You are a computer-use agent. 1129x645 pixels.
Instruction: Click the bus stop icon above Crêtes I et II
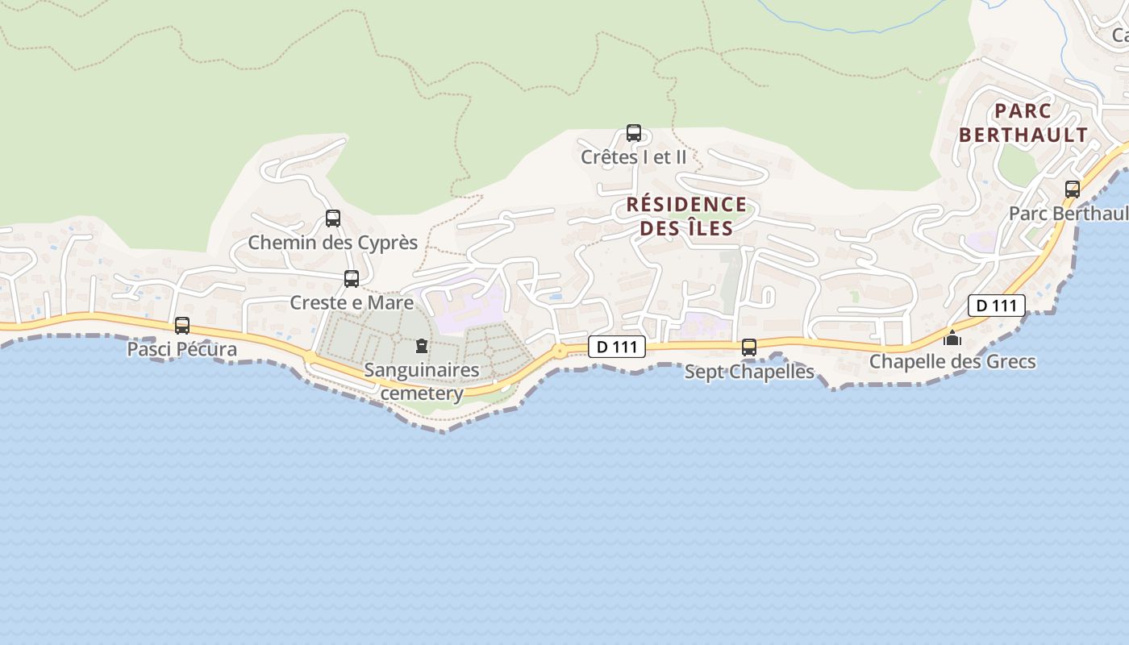[634, 133]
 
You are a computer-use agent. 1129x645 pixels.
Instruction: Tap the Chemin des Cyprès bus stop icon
[333, 218]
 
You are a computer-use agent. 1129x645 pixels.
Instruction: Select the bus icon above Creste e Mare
[352, 279]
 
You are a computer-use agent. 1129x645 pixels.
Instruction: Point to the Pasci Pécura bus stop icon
[182, 326]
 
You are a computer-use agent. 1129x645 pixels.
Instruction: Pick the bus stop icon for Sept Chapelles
[749, 347]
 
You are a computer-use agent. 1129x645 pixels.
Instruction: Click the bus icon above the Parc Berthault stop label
[1073, 189]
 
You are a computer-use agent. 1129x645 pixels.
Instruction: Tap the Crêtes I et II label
[634, 157]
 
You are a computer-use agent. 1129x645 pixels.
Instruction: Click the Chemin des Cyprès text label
[333, 242]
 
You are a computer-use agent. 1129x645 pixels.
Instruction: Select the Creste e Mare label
[352, 303]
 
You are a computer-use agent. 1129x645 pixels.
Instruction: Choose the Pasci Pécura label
[182, 349]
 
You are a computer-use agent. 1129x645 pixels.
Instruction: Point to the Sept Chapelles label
[749, 372]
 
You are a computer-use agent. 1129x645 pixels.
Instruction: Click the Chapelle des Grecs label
[952, 361]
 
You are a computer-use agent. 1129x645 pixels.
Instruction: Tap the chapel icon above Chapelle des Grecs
[952, 338]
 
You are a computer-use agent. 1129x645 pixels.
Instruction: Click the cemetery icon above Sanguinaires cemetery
[421, 347]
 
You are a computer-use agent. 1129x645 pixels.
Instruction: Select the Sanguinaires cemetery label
[422, 381]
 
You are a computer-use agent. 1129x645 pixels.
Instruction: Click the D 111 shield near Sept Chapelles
[618, 347]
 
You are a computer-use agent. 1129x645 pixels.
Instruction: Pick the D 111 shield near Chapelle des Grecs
[997, 306]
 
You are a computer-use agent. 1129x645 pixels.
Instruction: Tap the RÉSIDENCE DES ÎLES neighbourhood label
[687, 216]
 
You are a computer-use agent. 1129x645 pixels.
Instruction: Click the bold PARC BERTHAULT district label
[1023, 123]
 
